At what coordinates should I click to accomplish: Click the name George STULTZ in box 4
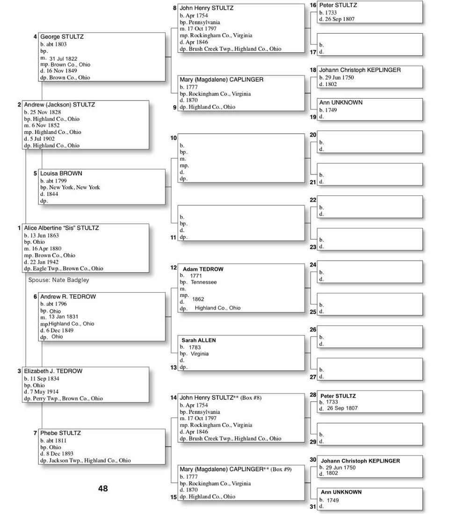(62, 36)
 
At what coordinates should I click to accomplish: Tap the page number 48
(103, 488)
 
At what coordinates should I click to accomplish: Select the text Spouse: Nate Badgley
(58, 280)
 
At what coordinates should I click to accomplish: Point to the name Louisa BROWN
(61, 174)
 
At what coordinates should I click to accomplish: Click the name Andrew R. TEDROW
(68, 297)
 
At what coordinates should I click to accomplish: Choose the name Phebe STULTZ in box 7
(60, 433)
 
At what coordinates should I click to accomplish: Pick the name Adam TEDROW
(203, 269)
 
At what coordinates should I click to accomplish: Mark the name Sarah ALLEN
(198, 340)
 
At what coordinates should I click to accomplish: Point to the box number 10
(174, 138)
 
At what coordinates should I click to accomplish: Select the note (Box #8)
(251, 398)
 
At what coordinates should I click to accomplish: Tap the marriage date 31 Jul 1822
(63, 58)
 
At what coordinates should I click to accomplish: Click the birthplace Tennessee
(203, 282)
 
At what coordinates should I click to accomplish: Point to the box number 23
(313, 247)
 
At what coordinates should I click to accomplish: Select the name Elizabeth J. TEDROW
(53, 371)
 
